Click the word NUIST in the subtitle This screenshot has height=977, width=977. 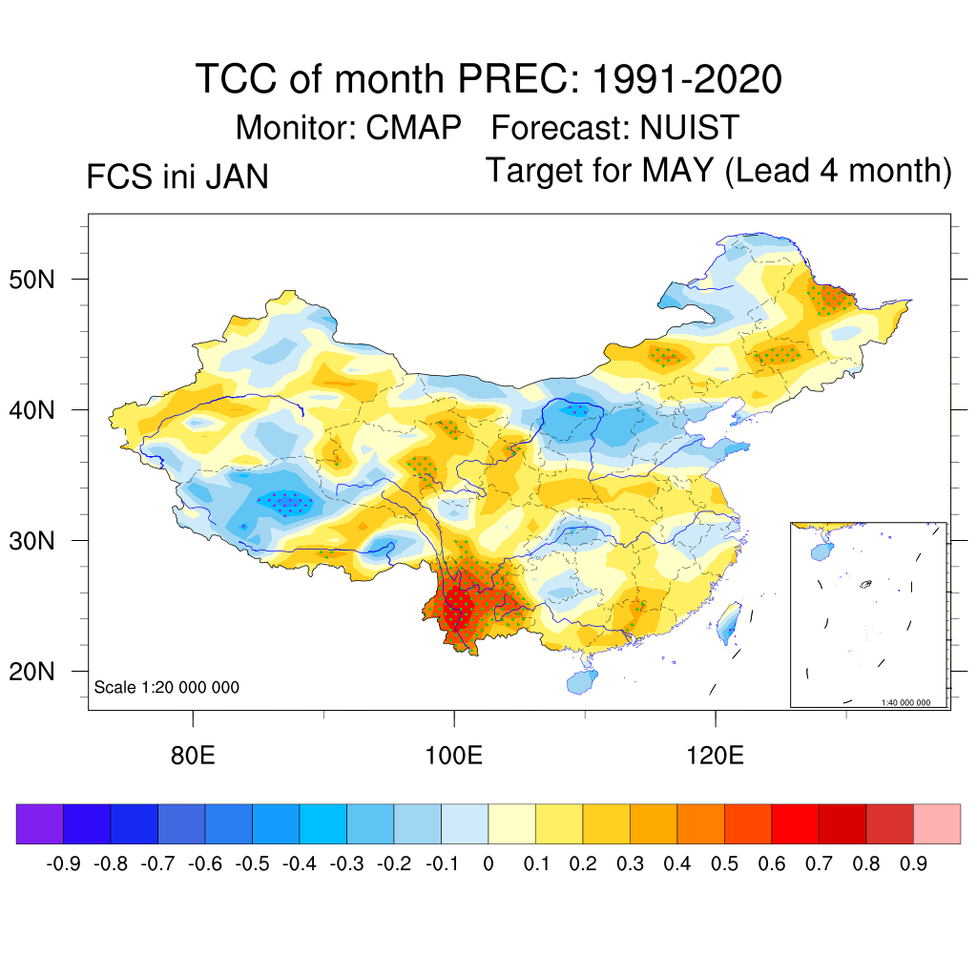click(x=690, y=127)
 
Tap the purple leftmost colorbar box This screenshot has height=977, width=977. click(x=40, y=823)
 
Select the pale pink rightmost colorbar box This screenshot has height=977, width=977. click(x=937, y=823)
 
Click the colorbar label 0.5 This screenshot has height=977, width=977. click(x=724, y=864)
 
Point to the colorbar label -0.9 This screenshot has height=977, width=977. click(x=64, y=864)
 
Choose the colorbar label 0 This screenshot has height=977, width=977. click(x=488, y=864)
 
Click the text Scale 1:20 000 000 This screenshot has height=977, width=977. click(x=167, y=687)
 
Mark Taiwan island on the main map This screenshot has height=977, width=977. click(x=731, y=622)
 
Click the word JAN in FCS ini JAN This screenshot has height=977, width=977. click(x=238, y=177)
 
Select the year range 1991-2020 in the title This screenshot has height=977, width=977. click(x=687, y=78)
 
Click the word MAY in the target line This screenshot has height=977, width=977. click(x=677, y=171)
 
